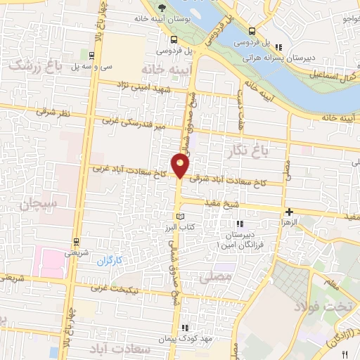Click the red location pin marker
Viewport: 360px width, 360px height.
tap(181, 166)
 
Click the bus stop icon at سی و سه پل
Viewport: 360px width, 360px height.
tap(91, 54)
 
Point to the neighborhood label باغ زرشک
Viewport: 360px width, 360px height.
tap(34, 65)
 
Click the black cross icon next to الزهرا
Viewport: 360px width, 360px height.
tap(288, 212)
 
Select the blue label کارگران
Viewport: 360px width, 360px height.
tap(108, 261)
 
